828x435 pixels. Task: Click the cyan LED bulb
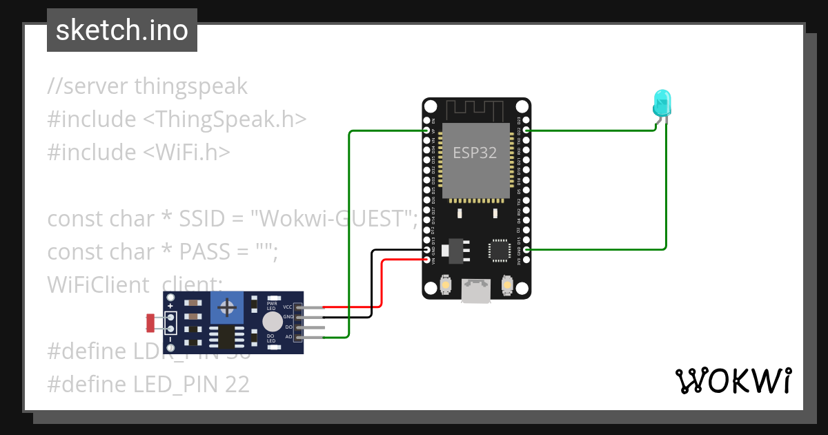[661, 103]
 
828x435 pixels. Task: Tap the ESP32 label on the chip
[474, 153]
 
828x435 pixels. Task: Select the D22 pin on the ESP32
[527, 130]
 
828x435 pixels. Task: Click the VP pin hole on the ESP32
[426, 130]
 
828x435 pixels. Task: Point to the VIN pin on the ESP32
[426, 260]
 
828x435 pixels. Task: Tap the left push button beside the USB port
[446, 284]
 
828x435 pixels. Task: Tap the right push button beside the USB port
[507, 284]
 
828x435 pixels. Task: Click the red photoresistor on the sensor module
[151, 322]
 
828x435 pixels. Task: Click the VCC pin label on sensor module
[288, 307]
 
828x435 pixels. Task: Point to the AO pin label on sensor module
[288, 337]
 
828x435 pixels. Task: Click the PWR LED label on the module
[271, 305]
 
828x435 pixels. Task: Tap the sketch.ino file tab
[122, 30]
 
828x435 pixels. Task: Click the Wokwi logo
[733, 380]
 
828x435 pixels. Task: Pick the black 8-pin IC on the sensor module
[226, 336]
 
